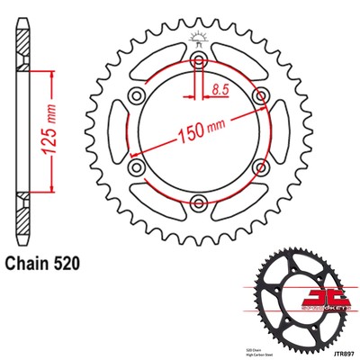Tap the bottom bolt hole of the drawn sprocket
pyautogui.click(x=197, y=203)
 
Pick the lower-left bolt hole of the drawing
pyautogui.click(x=137, y=167)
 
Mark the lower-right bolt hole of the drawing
pyautogui.click(x=258, y=167)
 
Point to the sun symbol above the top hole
pyautogui.click(x=197, y=36)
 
